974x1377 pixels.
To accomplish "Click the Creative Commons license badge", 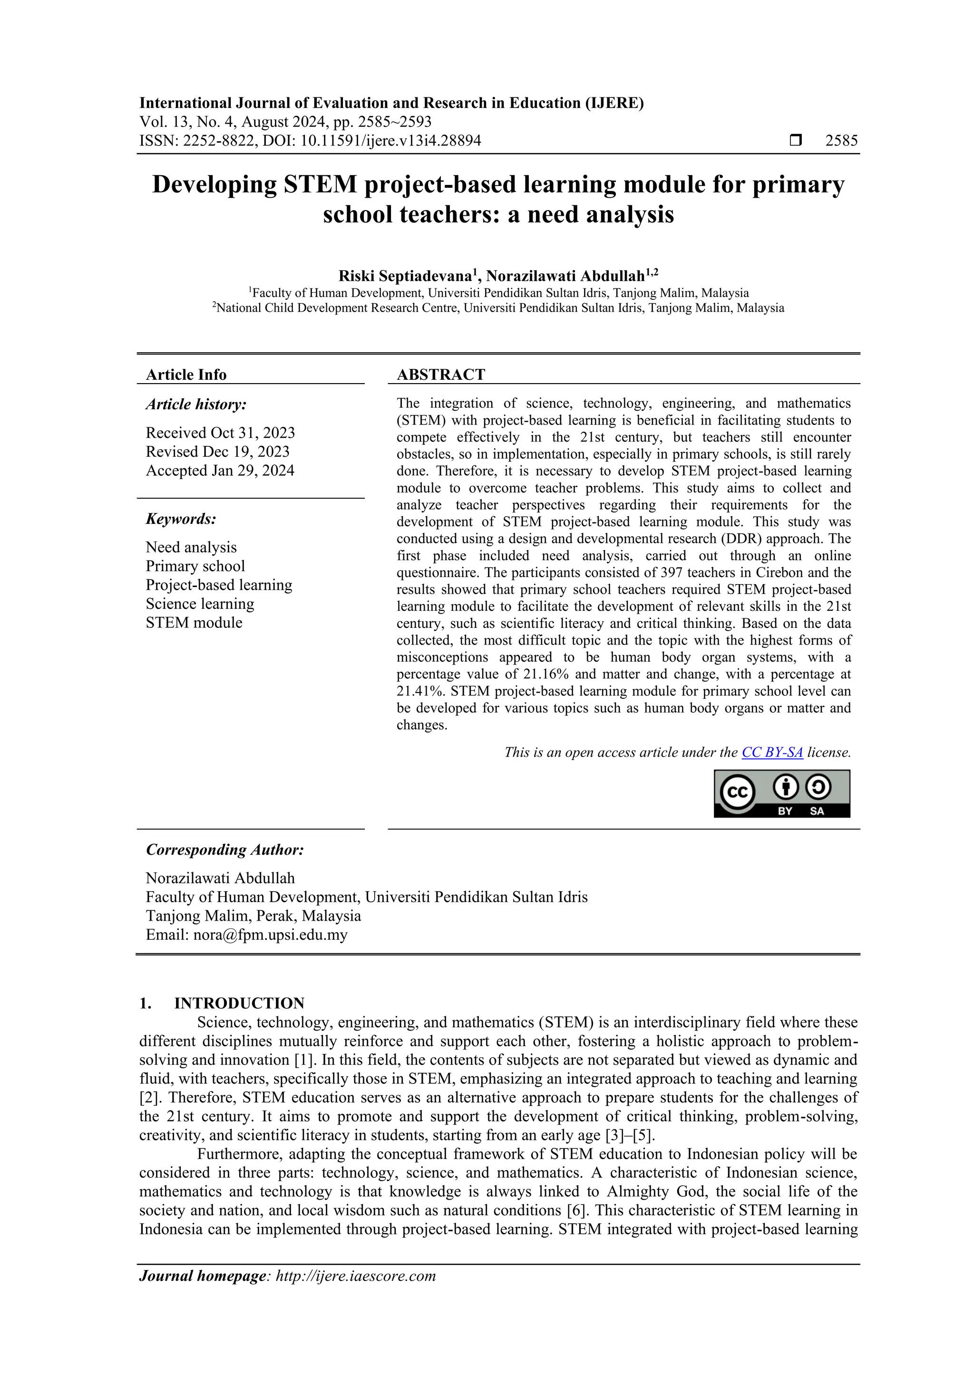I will pyautogui.click(x=781, y=793).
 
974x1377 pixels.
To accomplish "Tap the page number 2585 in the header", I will pyautogui.click(x=841, y=141).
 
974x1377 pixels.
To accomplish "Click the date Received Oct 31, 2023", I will pyautogui.click(x=220, y=433).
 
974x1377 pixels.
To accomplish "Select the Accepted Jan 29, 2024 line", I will pyautogui.click(x=220, y=470).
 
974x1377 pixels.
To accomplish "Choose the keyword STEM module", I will pyautogui.click(x=194, y=623).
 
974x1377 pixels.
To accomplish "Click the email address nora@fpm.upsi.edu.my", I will pyautogui.click(x=270, y=934).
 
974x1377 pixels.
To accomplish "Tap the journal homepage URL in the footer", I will pyautogui.click(x=355, y=1276).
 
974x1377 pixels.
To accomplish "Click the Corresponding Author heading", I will pyautogui.click(x=224, y=849).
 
